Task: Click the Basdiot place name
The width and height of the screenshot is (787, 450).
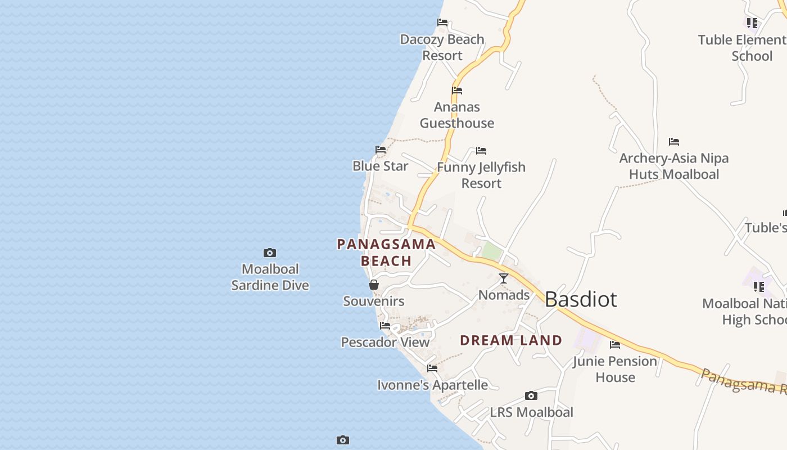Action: pyautogui.click(x=581, y=299)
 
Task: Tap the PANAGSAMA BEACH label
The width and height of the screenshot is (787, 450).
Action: pyautogui.click(x=386, y=253)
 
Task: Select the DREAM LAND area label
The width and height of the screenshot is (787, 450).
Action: pyautogui.click(x=511, y=340)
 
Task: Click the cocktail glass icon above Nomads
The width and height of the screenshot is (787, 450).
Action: pyautogui.click(x=504, y=278)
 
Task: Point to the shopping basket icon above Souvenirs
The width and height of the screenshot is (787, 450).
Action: pyautogui.click(x=374, y=285)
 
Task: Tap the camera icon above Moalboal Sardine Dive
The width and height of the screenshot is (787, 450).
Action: pyautogui.click(x=270, y=253)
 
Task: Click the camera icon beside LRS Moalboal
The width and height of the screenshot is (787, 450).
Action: pyautogui.click(x=531, y=396)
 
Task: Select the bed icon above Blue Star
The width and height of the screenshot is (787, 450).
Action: pyautogui.click(x=381, y=150)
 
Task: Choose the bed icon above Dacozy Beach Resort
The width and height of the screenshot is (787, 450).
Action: pyautogui.click(x=442, y=22)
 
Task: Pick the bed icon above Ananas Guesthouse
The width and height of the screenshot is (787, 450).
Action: pyautogui.click(x=457, y=90)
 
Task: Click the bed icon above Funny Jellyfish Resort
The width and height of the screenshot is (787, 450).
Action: pyautogui.click(x=481, y=151)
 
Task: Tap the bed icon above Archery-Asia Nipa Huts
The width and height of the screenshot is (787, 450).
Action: pyautogui.click(x=674, y=142)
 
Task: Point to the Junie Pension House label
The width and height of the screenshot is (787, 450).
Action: pyautogui.click(x=615, y=369)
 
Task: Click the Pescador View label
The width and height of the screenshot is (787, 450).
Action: pyautogui.click(x=385, y=342)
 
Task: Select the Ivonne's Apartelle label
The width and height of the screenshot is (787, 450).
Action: pyautogui.click(x=432, y=385)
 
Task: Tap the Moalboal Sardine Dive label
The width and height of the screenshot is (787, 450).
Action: pyautogui.click(x=270, y=277)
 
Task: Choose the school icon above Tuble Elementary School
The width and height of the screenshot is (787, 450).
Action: pyautogui.click(x=752, y=23)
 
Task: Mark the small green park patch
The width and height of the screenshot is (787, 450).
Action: pyautogui.click(x=492, y=251)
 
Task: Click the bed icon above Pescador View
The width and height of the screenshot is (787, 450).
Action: pyautogui.click(x=385, y=326)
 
